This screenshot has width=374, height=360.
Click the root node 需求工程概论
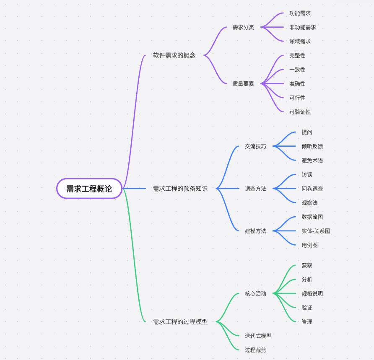pyautogui.click(x=89, y=189)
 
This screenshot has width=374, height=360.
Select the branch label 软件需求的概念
pyautogui.click(x=174, y=55)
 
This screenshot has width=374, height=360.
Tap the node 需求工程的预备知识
pyautogui.click(x=180, y=189)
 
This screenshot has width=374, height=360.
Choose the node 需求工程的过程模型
pyautogui.click(x=180, y=322)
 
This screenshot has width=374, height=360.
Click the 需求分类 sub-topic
pyautogui.click(x=243, y=27)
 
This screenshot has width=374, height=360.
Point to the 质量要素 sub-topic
pyautogui.click(x=243, y=84)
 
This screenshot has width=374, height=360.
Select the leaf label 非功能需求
pyautogui.click(x=302, y=27)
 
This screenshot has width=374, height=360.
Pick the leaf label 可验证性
pyautogui.click(x=300, y=112)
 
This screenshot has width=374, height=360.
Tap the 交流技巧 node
pyautogui.click(x=255, y=146)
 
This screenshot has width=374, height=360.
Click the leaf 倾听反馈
pyautogui.click(x=312, y=146)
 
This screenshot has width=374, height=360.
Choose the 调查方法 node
pyautogui.click(x=255, y=189)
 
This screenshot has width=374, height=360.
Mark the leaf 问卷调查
pyautogui.click(x=312, y=189)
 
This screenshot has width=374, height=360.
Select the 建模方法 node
pyautogui.click(x=255, y=231)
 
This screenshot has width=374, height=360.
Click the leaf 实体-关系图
pyautogui.click(x=315, y=231)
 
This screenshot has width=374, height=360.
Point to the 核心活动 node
pyautogui.click(x=255, y=294)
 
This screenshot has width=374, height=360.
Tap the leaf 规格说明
pyautogui.click(x=312, y=294)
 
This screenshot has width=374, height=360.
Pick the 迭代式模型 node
pyautogui.click(x=258, y=336)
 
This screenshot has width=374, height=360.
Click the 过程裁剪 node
pyautogui.click(x=255, y=350)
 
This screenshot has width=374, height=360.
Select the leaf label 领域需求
pyautogui.click(x=300, y=41)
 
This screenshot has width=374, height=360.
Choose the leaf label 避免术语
pyautogui.click(x=312, y=161)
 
